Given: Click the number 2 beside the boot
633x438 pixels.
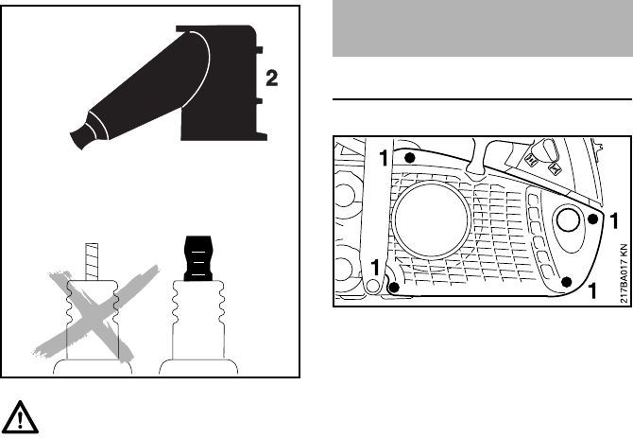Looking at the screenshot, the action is click(x=272, y=79).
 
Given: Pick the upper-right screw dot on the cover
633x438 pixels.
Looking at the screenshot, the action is click(x=592, y=219).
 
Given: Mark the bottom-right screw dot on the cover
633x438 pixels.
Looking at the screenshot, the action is click(x=567, y=279).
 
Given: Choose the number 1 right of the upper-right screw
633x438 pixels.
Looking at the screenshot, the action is click(x=614, y=221).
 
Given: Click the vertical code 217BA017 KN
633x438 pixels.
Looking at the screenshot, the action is click(x=624, y=273).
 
